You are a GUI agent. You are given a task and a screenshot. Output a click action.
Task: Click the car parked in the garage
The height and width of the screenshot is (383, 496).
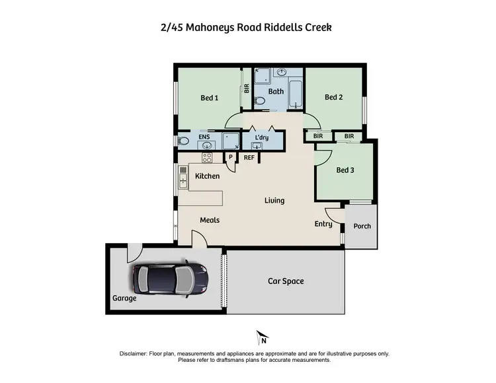(171, 279)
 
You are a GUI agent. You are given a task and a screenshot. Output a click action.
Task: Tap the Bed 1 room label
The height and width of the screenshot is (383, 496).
(209, 98)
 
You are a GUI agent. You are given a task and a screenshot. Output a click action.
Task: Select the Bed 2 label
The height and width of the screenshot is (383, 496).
(334, 98)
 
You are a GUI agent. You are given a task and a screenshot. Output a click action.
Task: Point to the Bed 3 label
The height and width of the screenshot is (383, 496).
(345, 170)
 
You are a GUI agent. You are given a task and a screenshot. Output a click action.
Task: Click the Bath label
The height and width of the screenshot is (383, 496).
(276, 92)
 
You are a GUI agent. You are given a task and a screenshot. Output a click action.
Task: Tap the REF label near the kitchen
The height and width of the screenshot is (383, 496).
(249, 158)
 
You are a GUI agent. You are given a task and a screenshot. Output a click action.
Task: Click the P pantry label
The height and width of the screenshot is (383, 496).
(231, 157)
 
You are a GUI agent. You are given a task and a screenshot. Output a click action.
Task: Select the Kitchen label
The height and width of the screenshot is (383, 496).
(207, 176)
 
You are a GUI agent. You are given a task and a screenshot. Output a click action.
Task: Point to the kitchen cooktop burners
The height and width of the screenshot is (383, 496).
(206, 158)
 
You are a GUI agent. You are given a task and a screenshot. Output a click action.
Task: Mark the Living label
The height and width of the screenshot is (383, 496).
(274, 200)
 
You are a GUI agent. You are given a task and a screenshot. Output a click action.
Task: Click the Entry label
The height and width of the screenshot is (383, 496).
(323, 224)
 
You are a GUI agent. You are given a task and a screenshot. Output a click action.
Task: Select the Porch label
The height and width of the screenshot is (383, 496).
(362, 226)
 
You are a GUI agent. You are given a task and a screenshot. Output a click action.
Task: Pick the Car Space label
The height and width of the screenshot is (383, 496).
(286, 281)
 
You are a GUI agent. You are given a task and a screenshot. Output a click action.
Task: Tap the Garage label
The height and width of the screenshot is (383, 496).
(124, 298)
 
